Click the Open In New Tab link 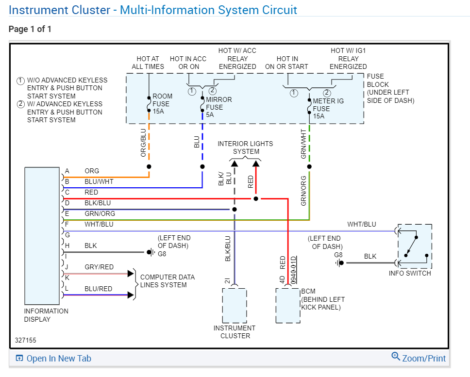pos(53,359)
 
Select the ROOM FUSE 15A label pos(161,104)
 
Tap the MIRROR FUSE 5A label pos(218,107)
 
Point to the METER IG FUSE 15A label pos(328,109)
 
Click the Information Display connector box pos(42,236)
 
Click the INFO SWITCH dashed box pos(414,246)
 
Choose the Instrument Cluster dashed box pos(235,306)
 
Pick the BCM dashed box pos(287,305)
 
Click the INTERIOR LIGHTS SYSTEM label pos(245,148)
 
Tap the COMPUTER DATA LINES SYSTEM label pos(168,281)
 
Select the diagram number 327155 pos(25,341)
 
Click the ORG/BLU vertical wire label pos(143,143)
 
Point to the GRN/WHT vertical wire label pos(304,144)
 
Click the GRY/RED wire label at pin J pos(99,267)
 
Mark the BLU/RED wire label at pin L pos(98,289)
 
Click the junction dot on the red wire pos(256,198)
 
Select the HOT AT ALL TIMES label pos(148,63)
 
